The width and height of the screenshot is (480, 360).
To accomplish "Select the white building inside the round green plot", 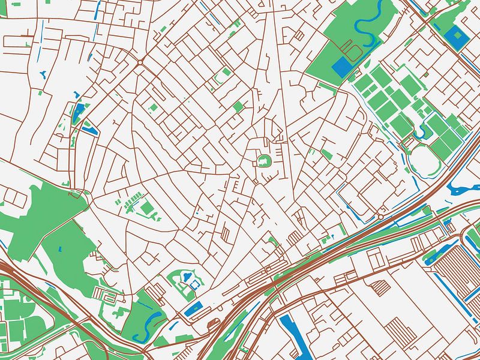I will point(263,161).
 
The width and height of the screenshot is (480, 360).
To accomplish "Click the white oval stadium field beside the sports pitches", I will point(424,160).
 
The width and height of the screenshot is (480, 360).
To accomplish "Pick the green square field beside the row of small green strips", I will point(148,209).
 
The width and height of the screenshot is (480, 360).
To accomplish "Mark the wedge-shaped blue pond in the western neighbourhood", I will point(79,111).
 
